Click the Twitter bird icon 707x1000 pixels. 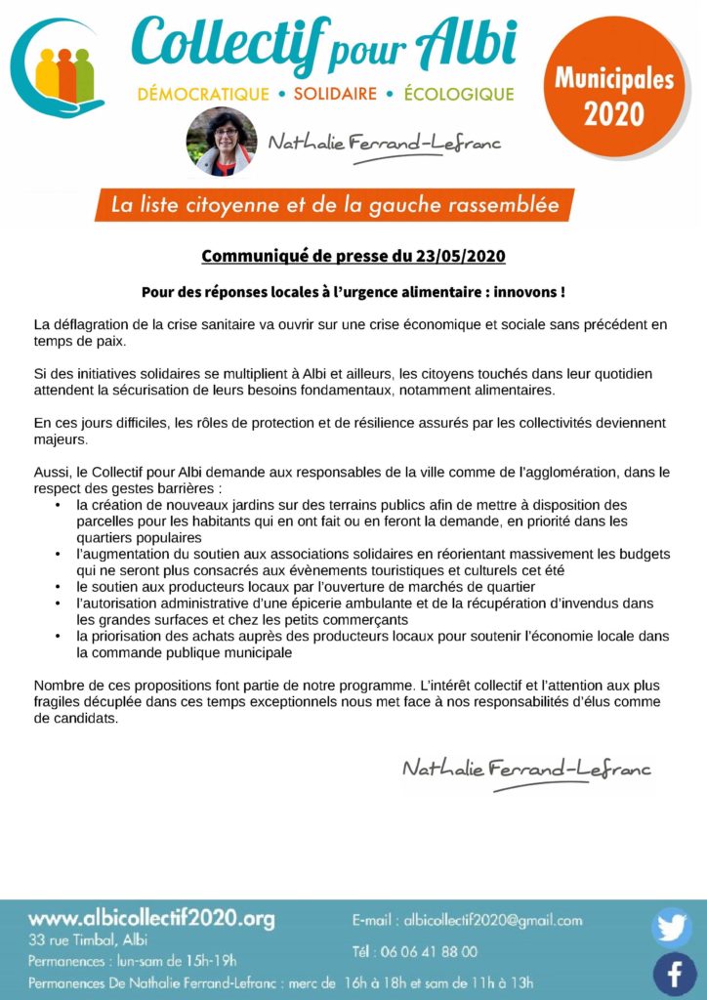point(672,927)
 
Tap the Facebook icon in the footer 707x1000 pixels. point(674,973)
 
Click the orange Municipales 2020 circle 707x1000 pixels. point(614,95)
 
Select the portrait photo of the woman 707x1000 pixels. point(222,143)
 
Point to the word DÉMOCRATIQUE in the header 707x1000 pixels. point(203,95)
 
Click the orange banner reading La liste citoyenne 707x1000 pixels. point(334,206)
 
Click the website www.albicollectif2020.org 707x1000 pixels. point(151,919)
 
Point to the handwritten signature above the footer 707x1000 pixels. point(526,770)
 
